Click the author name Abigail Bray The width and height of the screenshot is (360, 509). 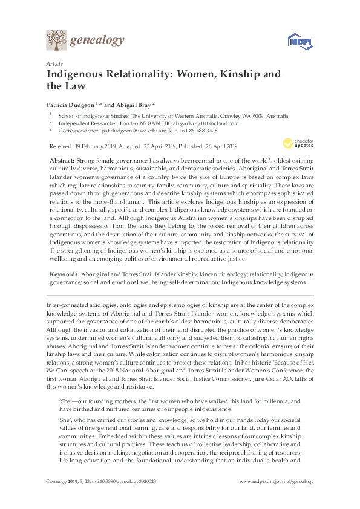click(x=134, y=104)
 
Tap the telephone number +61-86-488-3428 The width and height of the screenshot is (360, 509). click(x=197, y=130)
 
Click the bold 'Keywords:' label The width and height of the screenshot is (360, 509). click(x=64, y=274)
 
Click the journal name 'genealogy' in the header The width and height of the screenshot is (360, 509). click(x=97, y=41)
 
